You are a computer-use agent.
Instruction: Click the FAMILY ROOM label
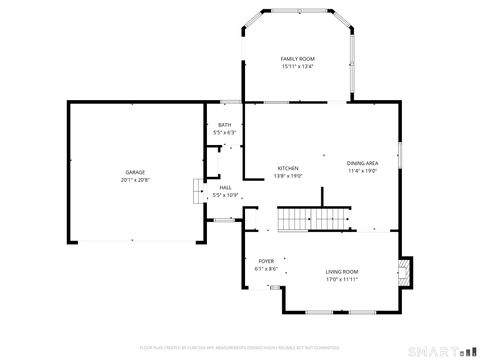(296, 59)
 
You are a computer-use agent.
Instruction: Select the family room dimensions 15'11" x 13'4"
(296, 67)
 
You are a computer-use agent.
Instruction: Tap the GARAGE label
(135, 173)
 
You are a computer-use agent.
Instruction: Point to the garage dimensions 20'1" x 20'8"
(135, 181)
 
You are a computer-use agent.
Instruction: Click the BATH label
(224, 125)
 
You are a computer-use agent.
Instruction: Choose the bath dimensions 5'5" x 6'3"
(224, 133)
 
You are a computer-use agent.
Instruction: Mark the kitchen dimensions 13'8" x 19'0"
(288, 175)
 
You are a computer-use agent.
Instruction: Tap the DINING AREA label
(362, 163)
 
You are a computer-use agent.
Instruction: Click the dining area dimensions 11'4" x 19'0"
(362, 171)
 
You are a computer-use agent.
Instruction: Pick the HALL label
(225, 187)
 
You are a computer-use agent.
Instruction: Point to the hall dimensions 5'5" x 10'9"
(225, 195)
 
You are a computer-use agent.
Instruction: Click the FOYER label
(266, 260)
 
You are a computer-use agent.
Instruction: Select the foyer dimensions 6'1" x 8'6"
(266, 268)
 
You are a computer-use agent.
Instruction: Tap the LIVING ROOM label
(342, 272)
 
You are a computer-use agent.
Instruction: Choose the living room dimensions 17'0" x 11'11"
(342, 280)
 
